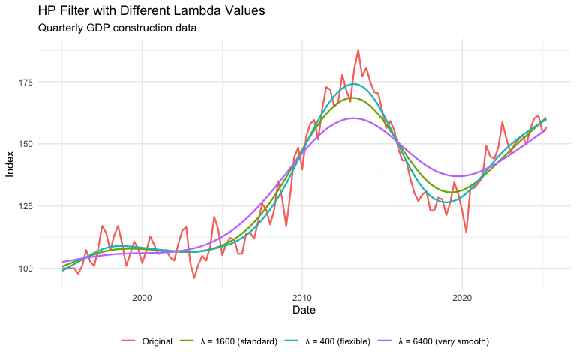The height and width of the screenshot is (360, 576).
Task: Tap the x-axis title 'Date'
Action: pos(301,310)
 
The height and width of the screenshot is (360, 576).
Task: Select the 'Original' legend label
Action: pos(156,341)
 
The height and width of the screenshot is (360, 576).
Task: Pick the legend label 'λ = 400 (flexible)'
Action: pos(337,341)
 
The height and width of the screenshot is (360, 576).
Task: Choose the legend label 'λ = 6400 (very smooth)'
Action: pos(444,341)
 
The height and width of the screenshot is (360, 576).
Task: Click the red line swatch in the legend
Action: pos(127,341)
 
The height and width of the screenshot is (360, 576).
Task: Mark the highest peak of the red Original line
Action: pos(358,50)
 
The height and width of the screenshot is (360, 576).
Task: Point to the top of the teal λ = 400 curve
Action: pos(353,84)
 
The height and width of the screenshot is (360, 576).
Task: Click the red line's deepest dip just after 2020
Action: pos(466,232)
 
